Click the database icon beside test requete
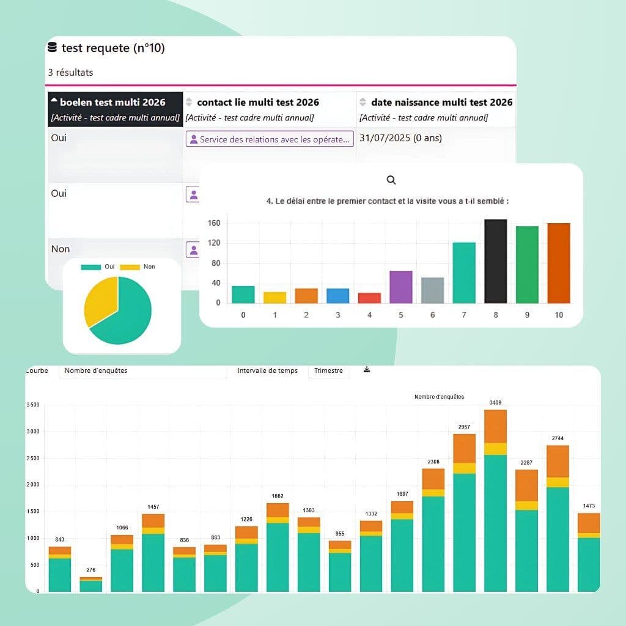(x=53, y=48)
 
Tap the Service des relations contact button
(x=270, y=139)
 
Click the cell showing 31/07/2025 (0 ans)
(x=400, y=138)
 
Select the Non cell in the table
(x=61, y=249)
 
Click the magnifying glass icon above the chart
(x=391, y=180)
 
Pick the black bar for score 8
(x=495, y=261)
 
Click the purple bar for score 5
(x=401, y=287)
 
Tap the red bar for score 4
(x=369, y=298)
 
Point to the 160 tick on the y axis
(x=213, y=224)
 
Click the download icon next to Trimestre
(x=367, y=370)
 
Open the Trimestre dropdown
(x=328, y=371)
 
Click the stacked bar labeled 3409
(x=495, y=500)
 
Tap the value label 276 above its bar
(x=90, y=570)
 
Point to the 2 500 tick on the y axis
(x=33, y=458)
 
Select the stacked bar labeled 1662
(x=278, y=547)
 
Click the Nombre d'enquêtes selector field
(x=142, y=371)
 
